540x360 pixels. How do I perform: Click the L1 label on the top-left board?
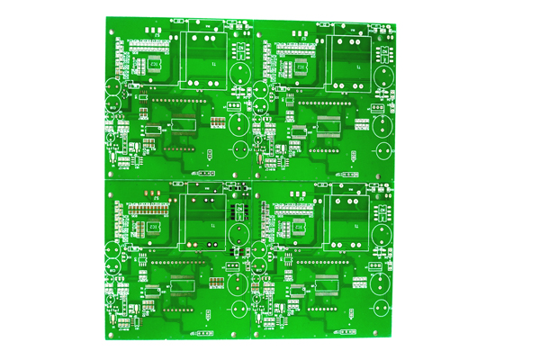click(x=213, y=65)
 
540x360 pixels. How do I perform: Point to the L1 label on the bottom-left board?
click(x=213, y=241)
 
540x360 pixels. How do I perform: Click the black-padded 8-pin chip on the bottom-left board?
click(x=239, y=214)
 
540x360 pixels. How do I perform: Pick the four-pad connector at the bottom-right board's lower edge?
click(x=346, y=330)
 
